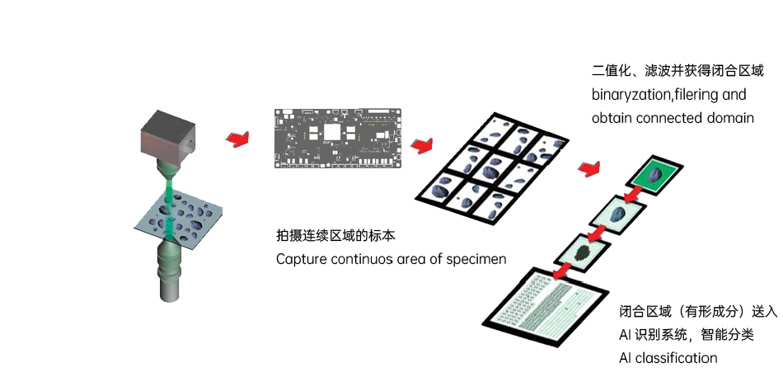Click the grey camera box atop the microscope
(167, 134)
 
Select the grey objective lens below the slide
(169, 271)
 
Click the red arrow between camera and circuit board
(237, 138)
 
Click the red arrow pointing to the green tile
(588, 168)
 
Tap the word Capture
(300, 260)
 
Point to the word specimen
(478, 260)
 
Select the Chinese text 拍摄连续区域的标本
(335, 236)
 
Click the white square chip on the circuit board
(333, 132)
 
